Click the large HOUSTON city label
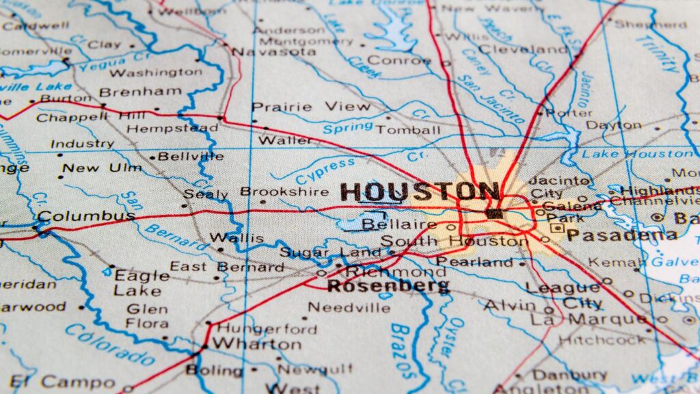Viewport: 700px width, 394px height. [x=419, y=192]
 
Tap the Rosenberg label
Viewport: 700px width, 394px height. [x=388, y=286]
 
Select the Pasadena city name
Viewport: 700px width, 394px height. [x=621, y=236]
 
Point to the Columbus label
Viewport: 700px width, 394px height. [x=86, y=217]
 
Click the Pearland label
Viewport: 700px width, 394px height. [x=474, y=261]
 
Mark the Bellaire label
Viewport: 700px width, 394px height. [x=399, y=224]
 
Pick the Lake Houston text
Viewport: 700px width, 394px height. [x=635, y=154]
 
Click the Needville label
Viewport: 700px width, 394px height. [x=349, y=307]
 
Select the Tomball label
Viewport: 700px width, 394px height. [x=408, y=130]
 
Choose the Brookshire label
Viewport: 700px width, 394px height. [x=284, y=192]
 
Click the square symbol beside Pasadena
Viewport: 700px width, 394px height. [x=557, y=228]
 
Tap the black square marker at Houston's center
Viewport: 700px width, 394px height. [x=492, y=213]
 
